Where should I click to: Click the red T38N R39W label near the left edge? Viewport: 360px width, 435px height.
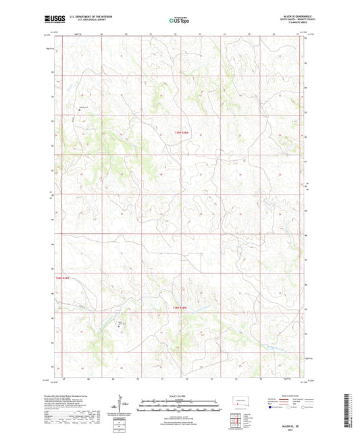click(63, 278)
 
